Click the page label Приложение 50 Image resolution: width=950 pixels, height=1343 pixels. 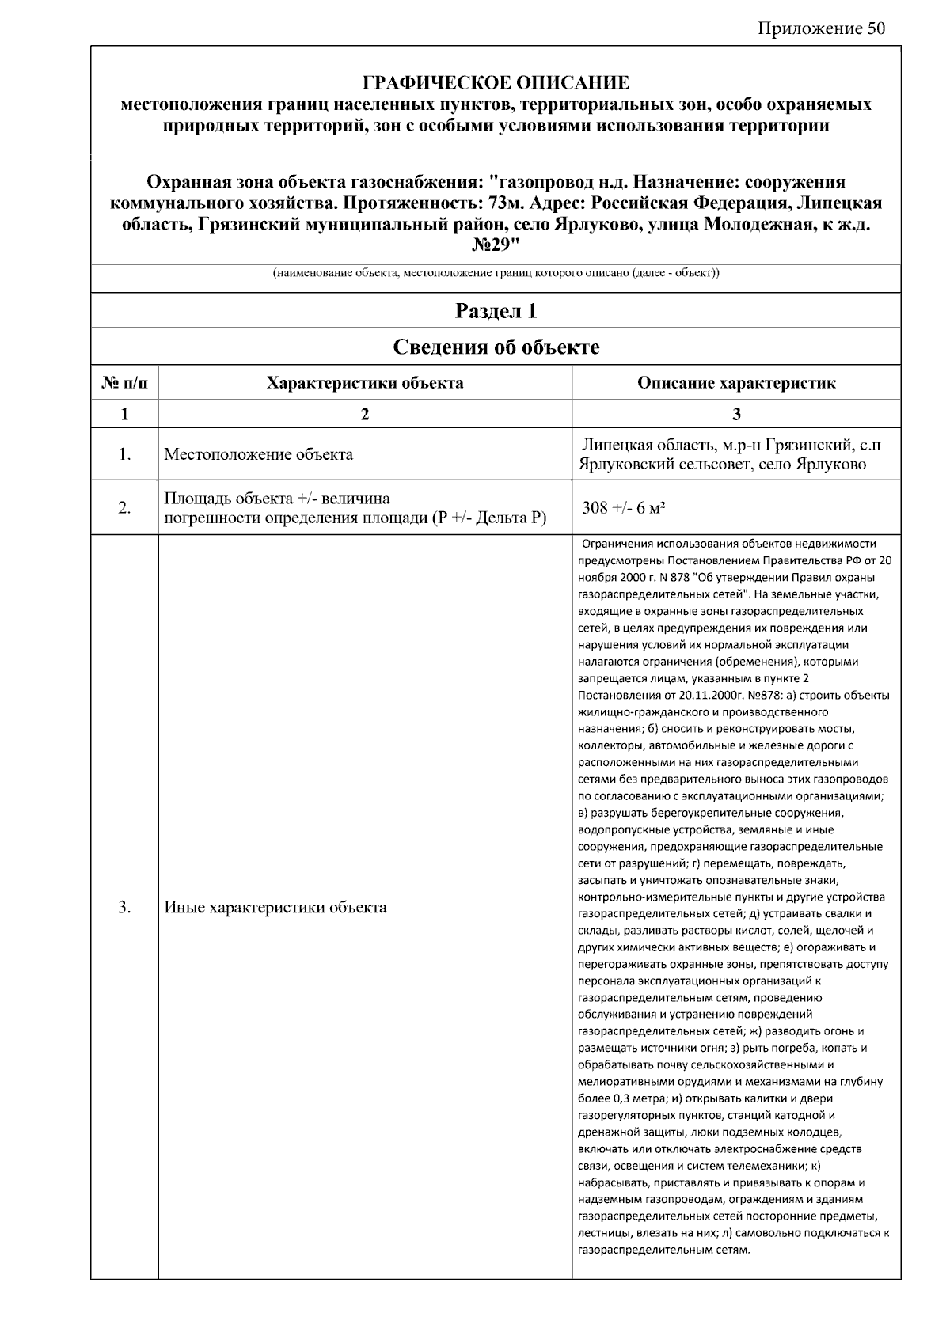pyautogui.click(x=821, y=29)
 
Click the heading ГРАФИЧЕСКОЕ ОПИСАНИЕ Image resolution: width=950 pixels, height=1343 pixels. pyautogui.click(x=496, y=83)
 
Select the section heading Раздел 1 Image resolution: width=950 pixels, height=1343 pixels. pyautogui.click(x=496, y=311)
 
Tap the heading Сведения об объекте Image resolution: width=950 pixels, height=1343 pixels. pyautogui.click(x=496, y=347)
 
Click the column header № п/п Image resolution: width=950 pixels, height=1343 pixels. pyautogui.click(x=124, y=383)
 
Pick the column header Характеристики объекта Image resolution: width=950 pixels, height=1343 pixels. pyautogui.click(x=365, y=383)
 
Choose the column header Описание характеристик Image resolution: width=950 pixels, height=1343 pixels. pyautogui.click(x=736, y=383)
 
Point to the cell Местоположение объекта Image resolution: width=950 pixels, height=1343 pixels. pyautogui.click(x=258, y=454)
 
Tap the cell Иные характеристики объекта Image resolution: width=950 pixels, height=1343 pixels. pyautogui.click(x=275, y=907)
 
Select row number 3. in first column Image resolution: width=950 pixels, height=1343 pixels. pyautogui.click(x=124, y=907)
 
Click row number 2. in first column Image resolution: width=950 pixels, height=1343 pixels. pyautogui.click(x=124, y=508)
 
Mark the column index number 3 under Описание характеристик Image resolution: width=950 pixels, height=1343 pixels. pyautogui.click(x=736, y=414)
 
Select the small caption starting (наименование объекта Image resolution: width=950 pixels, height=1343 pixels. pyautogui.click(x=496, y=274)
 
